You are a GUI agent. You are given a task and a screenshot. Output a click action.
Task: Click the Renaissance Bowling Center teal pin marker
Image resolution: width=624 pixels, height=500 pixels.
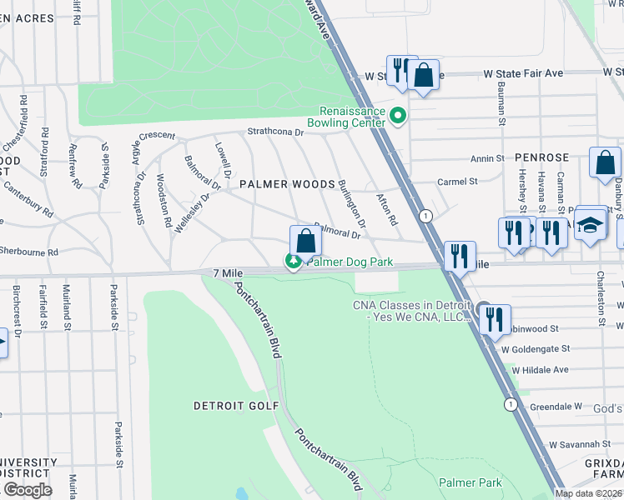[x=399, y=116]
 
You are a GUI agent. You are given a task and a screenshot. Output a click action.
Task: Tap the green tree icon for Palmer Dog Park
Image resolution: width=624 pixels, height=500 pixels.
[x=294, y=262]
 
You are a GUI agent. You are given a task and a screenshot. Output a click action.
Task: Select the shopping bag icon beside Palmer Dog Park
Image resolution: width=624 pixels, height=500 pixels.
[x=306, y=241]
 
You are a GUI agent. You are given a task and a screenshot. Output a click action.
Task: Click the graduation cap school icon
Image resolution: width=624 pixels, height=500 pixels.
[x=591, y=226]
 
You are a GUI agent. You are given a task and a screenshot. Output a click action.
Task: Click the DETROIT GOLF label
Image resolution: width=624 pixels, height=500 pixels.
[x=228, y=406]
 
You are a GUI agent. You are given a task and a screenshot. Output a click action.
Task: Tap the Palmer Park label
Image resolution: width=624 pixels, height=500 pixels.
[x=470, y=482]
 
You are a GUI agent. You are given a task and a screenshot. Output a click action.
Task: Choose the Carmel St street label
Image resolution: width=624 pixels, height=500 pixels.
[x=457, y=181]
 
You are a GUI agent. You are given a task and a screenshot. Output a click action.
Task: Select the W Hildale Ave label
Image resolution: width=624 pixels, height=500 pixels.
[x=540, y=369]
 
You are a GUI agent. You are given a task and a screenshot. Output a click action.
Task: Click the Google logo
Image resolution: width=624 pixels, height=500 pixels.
[x=27, y=490]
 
